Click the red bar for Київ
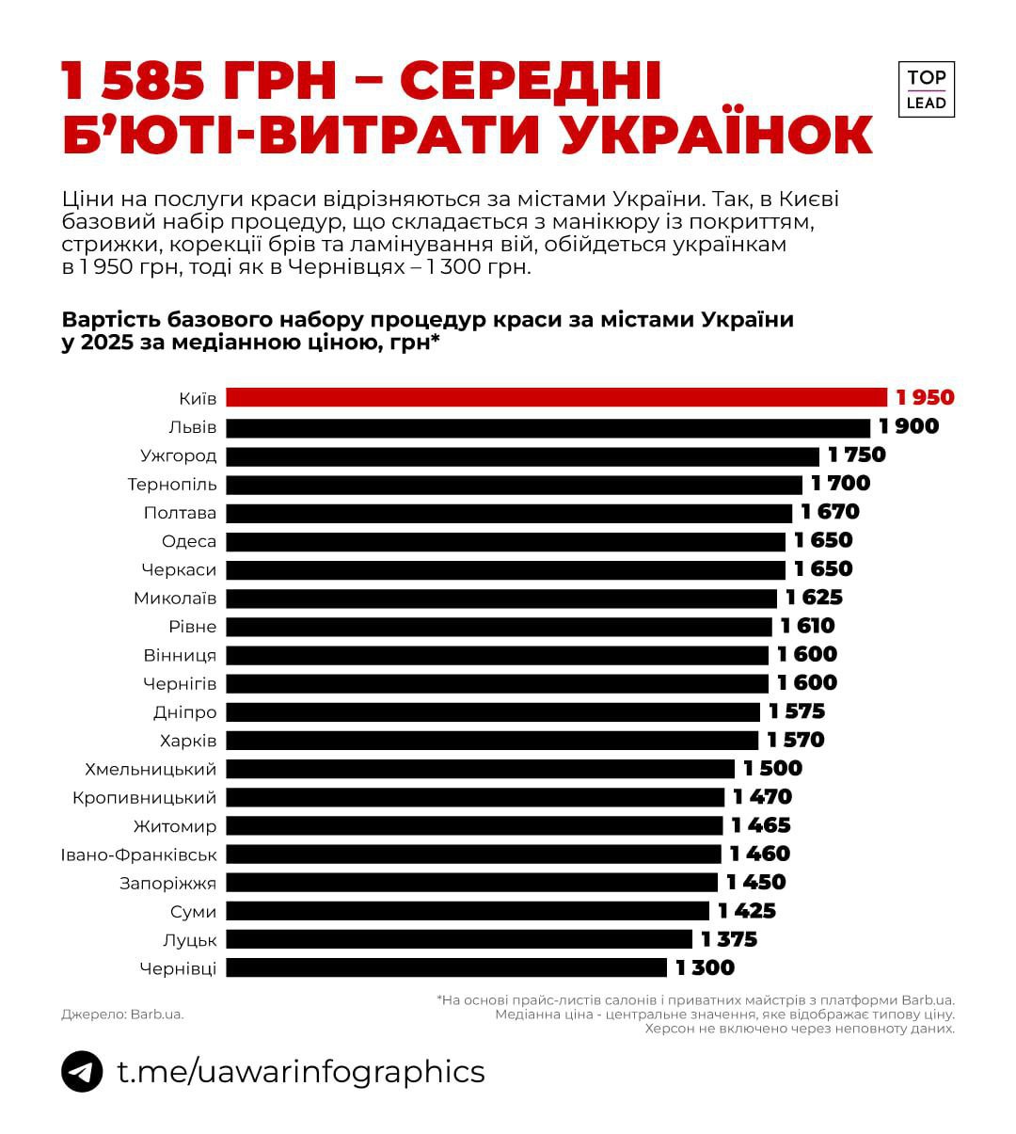(x=556, y=397)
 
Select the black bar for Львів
(x=548, y=427)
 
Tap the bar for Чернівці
(x=446, y=967)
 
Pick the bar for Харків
(x=492, y=741)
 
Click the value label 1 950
(x=925, y=397)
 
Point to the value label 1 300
(x=705, y=967)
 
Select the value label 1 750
(x=856, y=455)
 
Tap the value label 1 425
(x=746, y=911)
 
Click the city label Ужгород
(x=179, y=455)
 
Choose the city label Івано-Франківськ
(x=139, y=854)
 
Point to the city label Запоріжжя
(x=167, y=883)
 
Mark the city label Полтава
(x=180, y=513)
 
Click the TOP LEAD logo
(x=927, y=89)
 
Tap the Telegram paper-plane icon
(x=83, y=1071)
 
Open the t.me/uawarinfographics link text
(x=301, y=1071)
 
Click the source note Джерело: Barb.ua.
(x=122, y=1014)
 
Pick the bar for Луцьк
(x=459, y=939)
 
